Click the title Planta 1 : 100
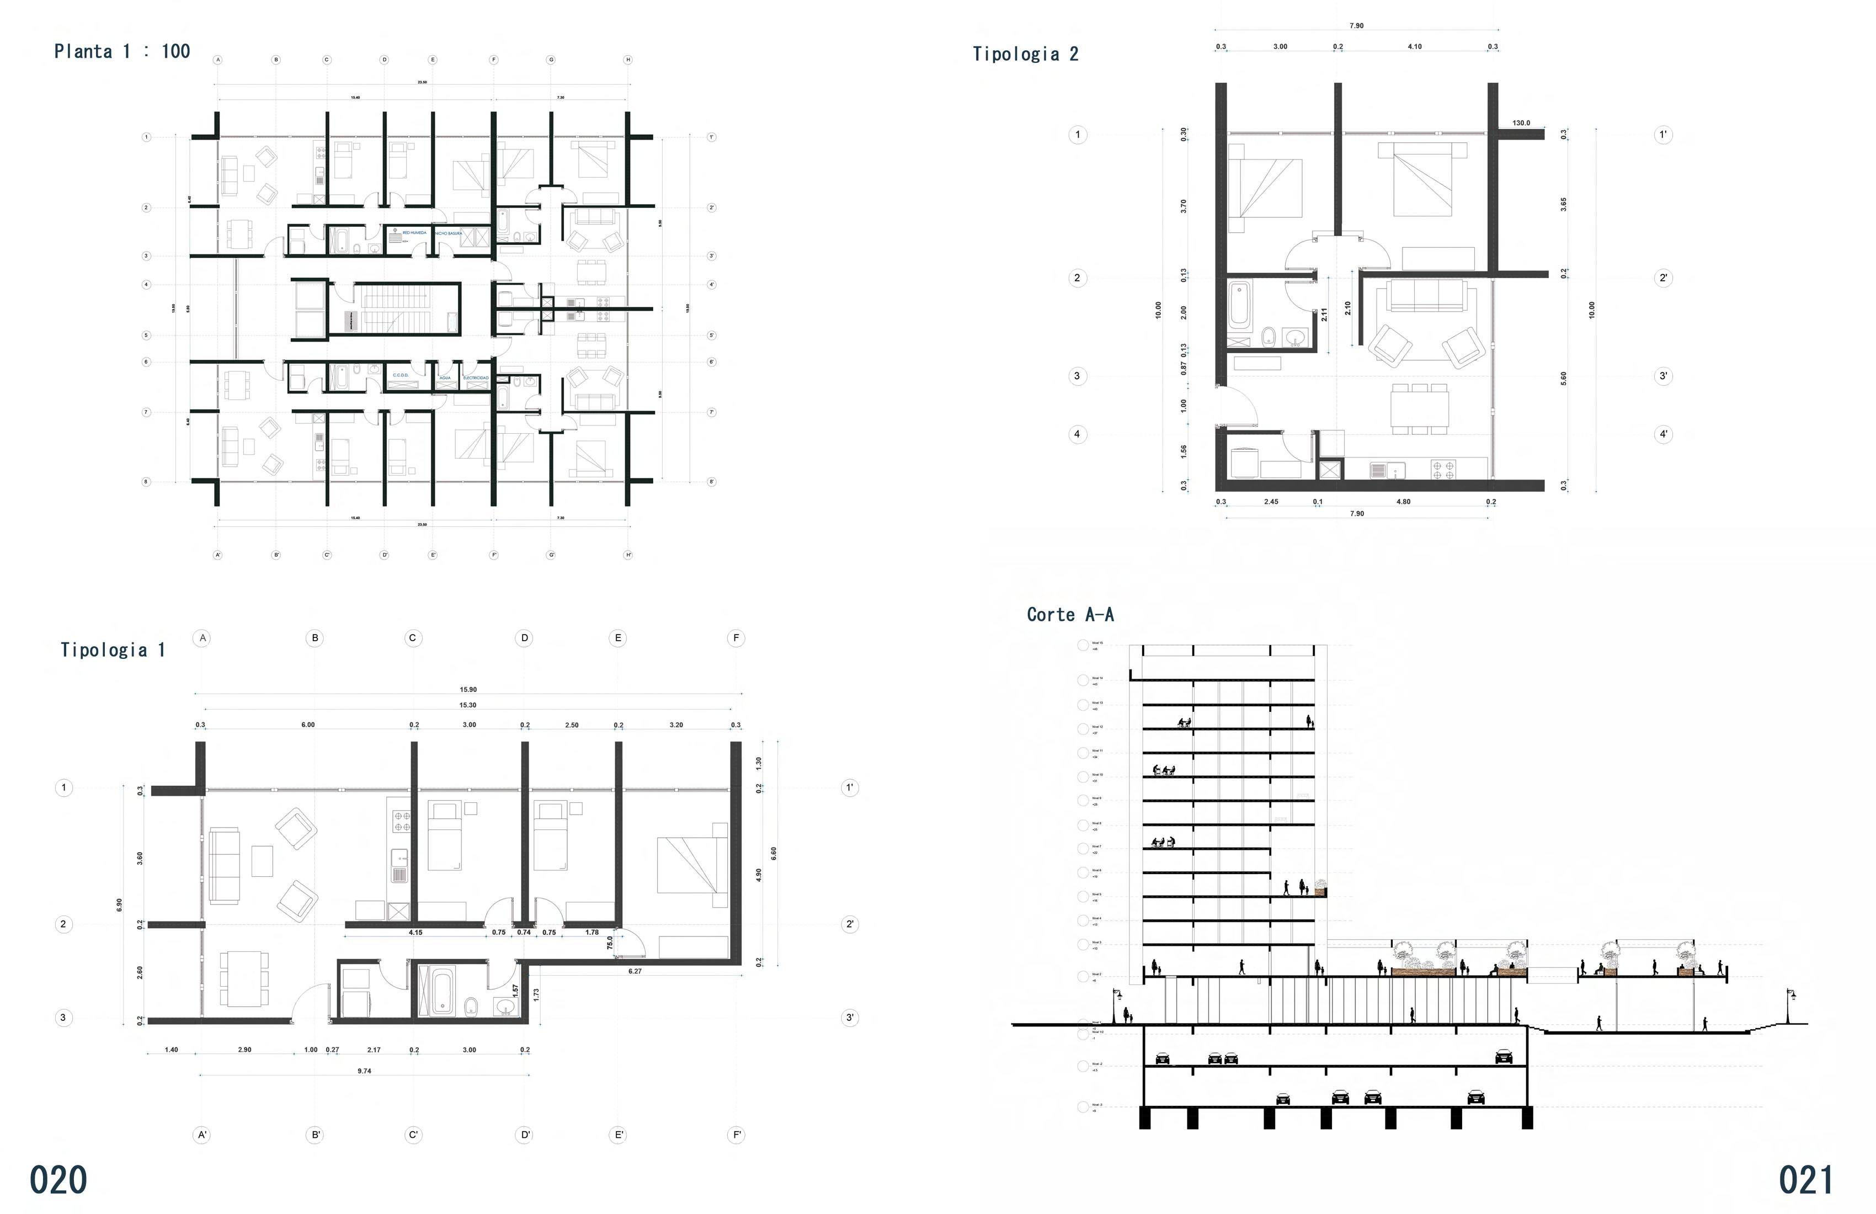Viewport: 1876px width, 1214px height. click(x=122, y=52)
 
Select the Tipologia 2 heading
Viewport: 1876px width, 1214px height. click(x=1025, y=55)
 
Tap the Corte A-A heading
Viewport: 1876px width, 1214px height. click(x=1070, y=615)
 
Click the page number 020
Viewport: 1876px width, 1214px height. click(x=58, y=1180)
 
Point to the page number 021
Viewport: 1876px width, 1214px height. click(x=1805, y=1180)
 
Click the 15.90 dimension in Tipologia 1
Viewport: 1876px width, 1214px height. click(x=467, y=690)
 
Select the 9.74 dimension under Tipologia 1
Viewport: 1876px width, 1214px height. click(x=364, y=1071)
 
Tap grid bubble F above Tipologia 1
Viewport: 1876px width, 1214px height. click(x=736, y=638)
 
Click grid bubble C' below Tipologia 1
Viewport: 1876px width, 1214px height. click(x=413, y=1135)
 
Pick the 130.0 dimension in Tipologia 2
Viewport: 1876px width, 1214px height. click(x=1521, y=123)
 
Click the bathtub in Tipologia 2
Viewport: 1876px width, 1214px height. click(x=1239, y=306)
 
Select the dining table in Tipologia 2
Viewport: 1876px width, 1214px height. click(x=1419, y=409)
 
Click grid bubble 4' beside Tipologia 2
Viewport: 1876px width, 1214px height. click(x=1663, y=434)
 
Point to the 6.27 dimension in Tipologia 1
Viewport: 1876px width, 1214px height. click(x=635, y=971)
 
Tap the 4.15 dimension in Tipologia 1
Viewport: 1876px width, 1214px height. click(x=415, y=933)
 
